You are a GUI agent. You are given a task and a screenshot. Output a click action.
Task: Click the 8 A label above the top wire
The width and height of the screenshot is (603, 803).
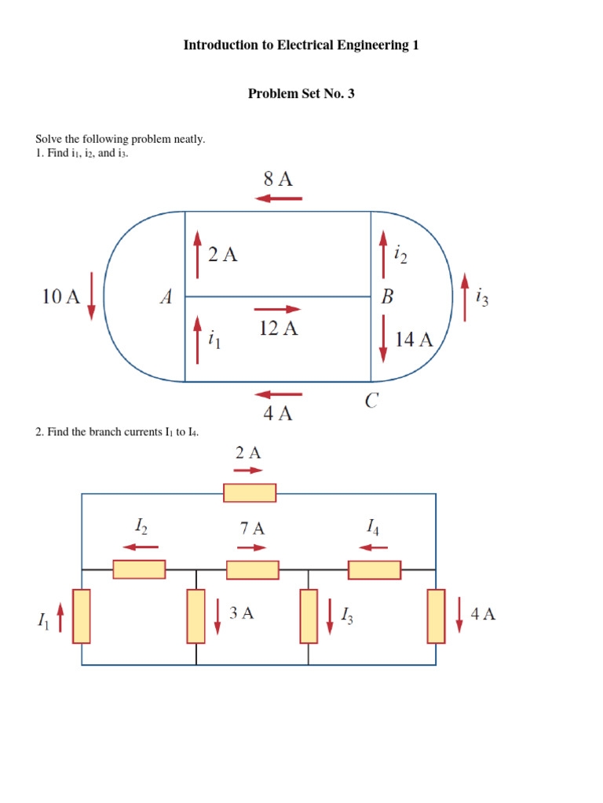pos(278,179)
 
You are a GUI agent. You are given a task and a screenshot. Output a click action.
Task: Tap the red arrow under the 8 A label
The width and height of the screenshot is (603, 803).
pos(279,198)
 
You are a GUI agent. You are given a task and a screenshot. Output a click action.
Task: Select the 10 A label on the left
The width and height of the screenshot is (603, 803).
pos(60,296)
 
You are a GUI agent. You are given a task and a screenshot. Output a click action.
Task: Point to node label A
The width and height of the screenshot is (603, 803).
pos(166,297)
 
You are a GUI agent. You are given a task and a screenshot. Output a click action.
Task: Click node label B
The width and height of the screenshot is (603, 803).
pos(387,297)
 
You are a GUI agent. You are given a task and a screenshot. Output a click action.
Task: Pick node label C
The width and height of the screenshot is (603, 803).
pos(371,401)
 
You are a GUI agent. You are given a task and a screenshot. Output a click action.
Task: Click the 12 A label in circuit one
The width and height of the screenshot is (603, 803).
pos(279,329)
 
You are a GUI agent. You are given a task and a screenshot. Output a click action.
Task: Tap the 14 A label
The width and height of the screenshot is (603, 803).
pos(415,340)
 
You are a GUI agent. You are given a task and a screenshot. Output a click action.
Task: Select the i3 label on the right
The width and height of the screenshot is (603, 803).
pos(482,298)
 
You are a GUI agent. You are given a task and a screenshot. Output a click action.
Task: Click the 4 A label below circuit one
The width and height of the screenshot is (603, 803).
pos(278,414)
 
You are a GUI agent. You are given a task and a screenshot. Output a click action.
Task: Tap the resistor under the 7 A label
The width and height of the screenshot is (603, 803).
pos(253,569)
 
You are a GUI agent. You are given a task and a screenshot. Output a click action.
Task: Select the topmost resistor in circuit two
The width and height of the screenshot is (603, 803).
pos(250,492)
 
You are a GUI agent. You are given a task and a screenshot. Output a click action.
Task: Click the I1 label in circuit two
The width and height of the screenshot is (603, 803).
pos(42,620)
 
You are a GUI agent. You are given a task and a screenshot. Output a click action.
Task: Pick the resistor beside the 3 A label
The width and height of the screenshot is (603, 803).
pos(196,616)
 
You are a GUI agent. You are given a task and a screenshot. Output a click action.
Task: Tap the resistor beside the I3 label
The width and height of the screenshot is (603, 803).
pos(309,616)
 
